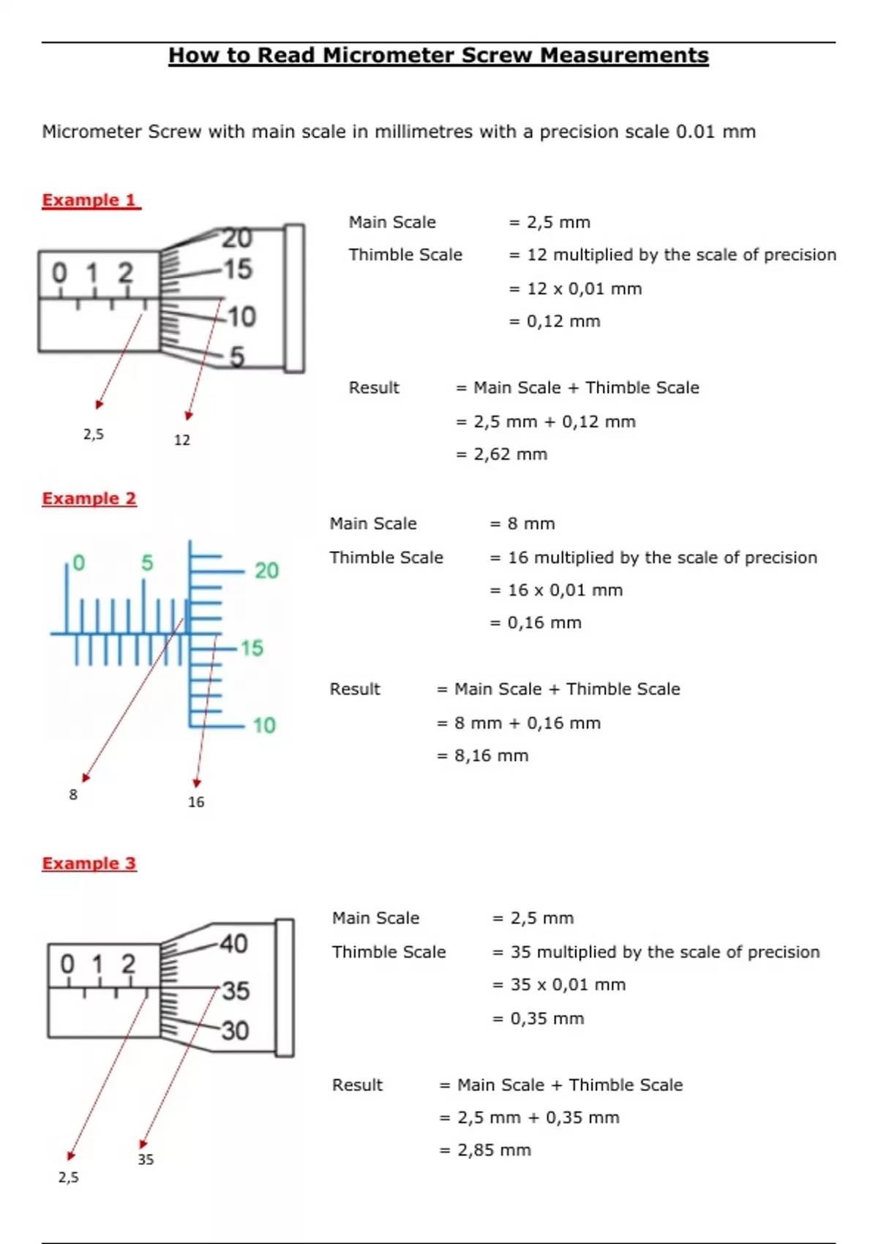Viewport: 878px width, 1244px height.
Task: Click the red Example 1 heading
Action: (x=90, y=200)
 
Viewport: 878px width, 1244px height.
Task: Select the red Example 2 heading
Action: (x=89, y=498)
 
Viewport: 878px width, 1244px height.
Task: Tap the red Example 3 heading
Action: (x=89, y=863)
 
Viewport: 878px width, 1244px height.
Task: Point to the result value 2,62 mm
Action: (x=510, y=454)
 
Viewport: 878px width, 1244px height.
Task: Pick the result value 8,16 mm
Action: (x=491, y=756)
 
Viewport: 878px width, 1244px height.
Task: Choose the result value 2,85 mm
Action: (x=494, y=1150)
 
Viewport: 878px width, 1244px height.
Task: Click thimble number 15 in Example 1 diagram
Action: (x=238, y=269)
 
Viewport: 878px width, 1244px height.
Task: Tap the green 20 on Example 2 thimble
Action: (x=266, y=571)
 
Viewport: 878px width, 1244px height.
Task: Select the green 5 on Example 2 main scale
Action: (x=147, y=563)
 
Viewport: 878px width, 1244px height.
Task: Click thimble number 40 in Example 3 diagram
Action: (x=233, y=943)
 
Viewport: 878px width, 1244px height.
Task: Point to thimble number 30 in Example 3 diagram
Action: (x=235, y=1030)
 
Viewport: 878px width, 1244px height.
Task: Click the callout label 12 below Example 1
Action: (x=182, y=440)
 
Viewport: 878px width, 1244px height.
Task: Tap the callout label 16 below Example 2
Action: (x=196, y=802)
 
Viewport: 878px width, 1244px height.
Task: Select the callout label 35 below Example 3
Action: (x=146, y=1160)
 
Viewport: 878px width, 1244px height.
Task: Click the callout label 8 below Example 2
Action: (x=73, y=795)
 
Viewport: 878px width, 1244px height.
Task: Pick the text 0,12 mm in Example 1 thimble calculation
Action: (x=563, y=321)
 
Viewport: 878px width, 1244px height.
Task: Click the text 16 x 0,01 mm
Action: (x=565, y=591)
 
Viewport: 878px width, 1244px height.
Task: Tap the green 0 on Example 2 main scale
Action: (x=78, y=563)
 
